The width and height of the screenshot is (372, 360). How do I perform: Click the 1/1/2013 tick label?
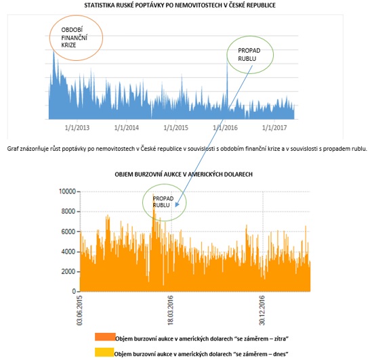(77, 128)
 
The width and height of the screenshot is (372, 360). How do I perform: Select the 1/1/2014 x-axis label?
(127, 128)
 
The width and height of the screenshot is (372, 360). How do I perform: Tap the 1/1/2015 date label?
(175, 128)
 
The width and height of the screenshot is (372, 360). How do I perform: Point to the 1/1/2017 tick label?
(274, 128)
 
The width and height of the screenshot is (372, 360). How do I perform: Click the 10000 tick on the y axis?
(67, 192)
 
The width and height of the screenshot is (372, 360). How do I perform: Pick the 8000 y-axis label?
(68, 211)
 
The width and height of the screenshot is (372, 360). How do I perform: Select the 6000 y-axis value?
(68, 231)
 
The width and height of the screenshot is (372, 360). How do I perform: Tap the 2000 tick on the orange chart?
(68, 271)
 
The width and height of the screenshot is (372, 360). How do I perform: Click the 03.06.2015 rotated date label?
(79, 310)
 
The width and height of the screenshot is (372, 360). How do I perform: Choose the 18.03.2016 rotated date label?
(170, 310)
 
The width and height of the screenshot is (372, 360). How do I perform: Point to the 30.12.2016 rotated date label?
(262, 310)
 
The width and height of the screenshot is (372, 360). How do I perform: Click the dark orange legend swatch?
(105, 337)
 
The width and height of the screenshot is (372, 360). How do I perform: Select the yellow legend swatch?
(104, 352)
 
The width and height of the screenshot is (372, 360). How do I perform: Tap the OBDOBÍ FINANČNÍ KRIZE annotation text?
(75, 37)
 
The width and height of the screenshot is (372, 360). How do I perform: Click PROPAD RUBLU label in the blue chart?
(249, 55)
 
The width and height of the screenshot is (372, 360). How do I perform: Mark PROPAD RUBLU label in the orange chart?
(163, 202)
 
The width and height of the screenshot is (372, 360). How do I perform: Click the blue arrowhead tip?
(176, 207)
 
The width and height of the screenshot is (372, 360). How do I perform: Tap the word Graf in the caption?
(12, 149)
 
